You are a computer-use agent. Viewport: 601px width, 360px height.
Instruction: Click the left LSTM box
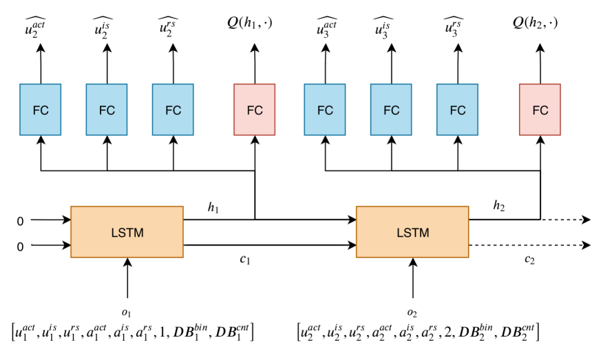[x=127, y=232]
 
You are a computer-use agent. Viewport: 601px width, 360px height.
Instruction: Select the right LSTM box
[x=412, y=232]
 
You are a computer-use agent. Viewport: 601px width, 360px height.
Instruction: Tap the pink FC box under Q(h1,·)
[x=255, y=109]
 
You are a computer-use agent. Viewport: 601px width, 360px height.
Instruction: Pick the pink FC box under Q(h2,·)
[x=540, y=109]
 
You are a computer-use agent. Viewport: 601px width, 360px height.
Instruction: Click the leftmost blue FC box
[x=40, y=109]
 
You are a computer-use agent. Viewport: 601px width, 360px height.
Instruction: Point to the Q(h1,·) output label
[x=249, y=23]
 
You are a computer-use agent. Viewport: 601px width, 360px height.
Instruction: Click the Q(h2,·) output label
[x=535, y=23]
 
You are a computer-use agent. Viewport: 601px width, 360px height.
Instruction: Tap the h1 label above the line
[x=213, y=207]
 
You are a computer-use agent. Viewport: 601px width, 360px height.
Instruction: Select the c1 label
[x=245, y=260]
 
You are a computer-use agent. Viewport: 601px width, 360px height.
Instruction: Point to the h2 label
[x=498, y=206]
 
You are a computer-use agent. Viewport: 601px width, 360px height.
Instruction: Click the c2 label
[x=529, y=260]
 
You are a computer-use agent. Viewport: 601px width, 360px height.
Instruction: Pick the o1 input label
[x=127, y=313]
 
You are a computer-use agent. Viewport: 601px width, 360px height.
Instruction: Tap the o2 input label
[x=412, y=313]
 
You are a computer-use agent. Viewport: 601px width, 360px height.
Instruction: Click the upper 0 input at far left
[x=20, y=221]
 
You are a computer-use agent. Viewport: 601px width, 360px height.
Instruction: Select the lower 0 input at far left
[x=20, y=246]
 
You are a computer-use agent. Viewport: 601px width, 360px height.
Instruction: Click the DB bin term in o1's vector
[x=191, y=331]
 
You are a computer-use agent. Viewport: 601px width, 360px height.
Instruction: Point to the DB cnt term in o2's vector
[x=518, y=331]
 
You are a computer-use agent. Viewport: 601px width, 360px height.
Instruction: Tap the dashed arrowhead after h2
[x=587, y=220]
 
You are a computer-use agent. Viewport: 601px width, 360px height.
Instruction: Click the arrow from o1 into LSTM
[x=127, y=278]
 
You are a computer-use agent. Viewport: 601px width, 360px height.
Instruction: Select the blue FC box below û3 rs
[x=457, y=109]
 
